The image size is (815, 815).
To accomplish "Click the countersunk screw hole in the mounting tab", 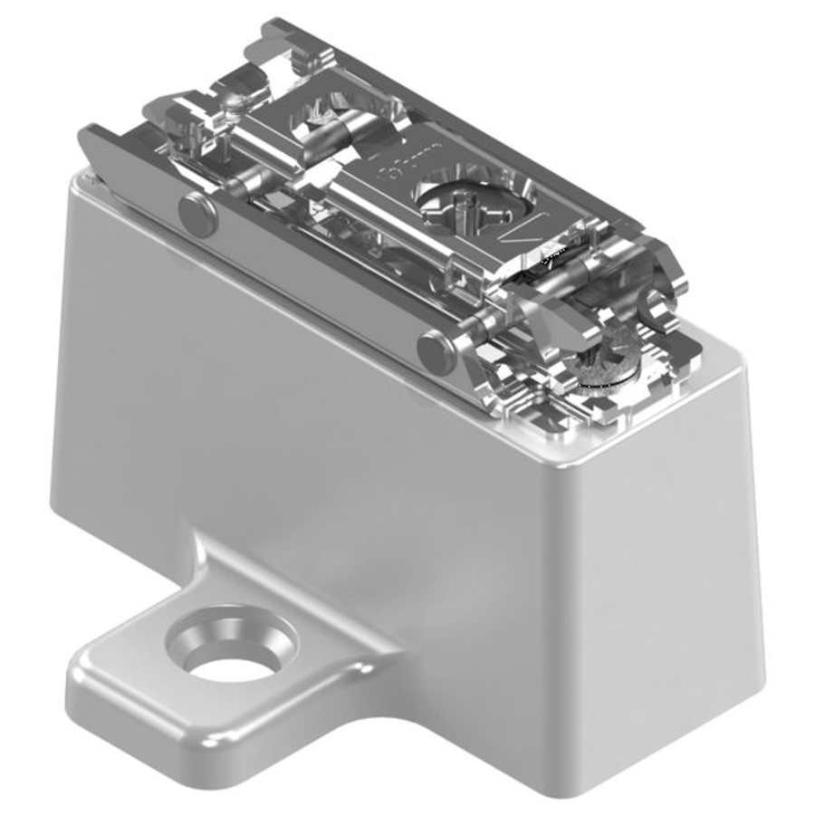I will pyautogui.click(x=232, y=651).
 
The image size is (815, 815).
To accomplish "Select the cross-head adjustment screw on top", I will pyautogui.click(x=465, y=202).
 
